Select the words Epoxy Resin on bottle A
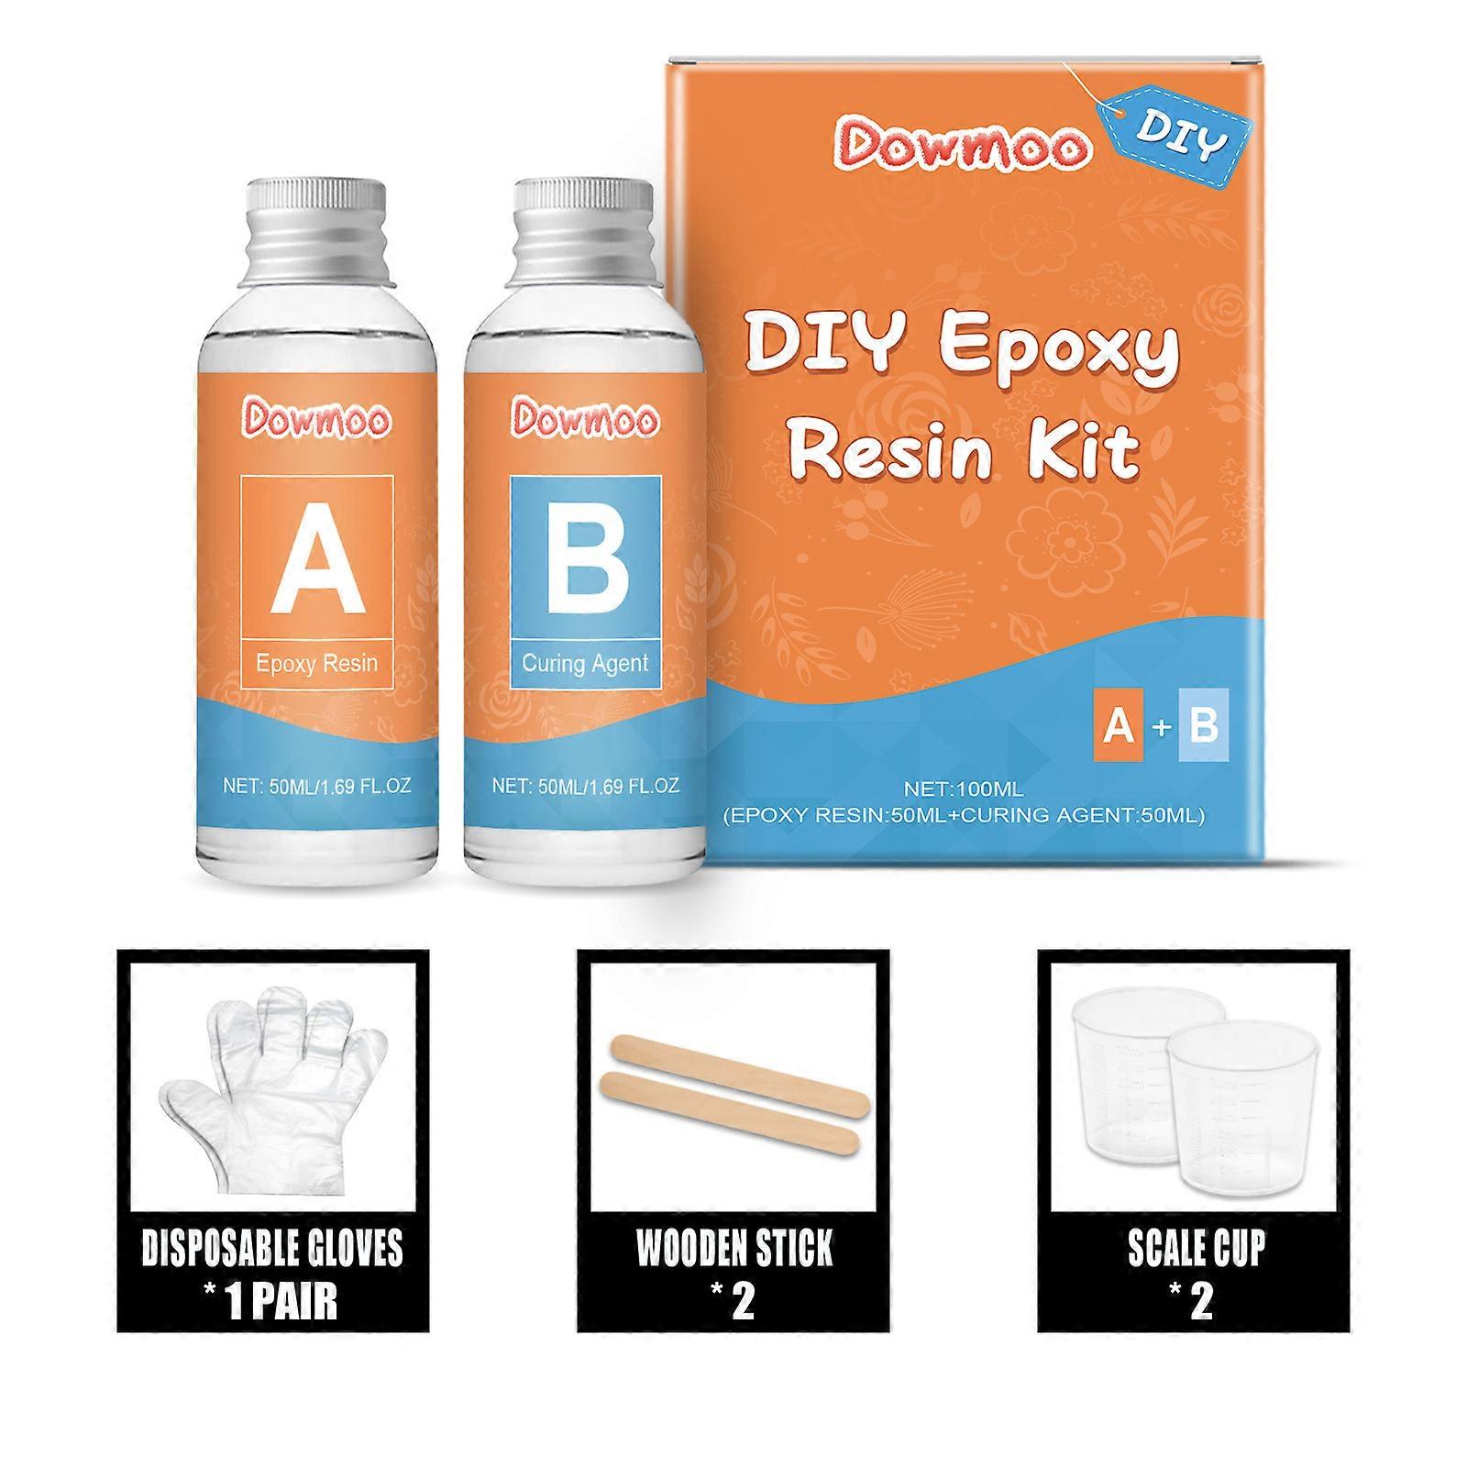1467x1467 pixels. [317, 663]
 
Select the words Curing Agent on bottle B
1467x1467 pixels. [585, 663]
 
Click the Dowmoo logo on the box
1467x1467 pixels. [962, 147]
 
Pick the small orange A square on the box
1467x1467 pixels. [1119, 725]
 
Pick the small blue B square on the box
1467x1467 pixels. [1202, 725]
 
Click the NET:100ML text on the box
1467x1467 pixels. [964, 789]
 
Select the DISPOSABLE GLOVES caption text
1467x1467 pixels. [272, 1249]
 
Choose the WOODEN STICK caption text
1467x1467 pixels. [734, 1249]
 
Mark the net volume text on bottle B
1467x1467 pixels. [585, 786]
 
